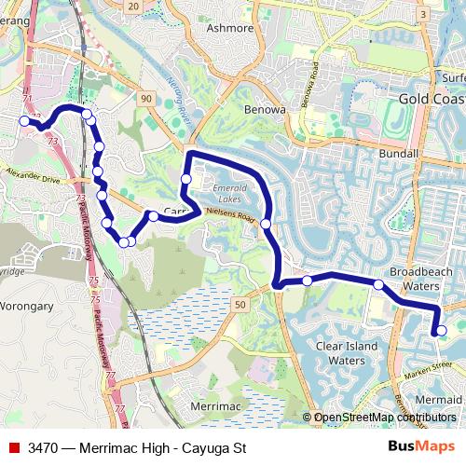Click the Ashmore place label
(x=230, y=29)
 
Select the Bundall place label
(x=401, y=152)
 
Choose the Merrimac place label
(x=215, y=408)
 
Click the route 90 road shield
(x=147, y=98)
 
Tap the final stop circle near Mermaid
(x=441, y=330)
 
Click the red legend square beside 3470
(x=14, y=448)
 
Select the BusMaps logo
(x=421, y=447)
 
